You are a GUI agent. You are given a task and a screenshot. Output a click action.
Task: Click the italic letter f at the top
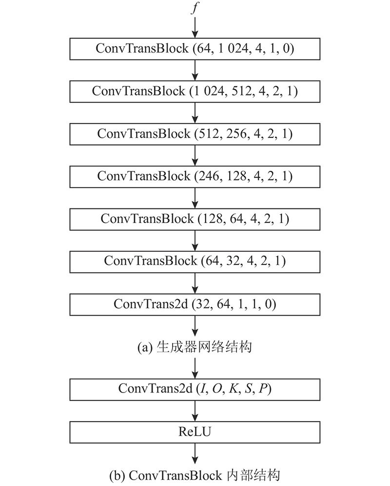(195, 7)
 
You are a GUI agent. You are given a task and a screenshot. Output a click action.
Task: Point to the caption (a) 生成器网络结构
(195, 347)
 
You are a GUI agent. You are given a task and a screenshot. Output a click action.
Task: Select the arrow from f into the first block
(195, 28)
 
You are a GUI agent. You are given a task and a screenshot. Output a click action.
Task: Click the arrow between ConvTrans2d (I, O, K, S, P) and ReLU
(195, 411)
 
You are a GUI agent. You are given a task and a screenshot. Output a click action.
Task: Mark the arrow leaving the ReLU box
(195, 453)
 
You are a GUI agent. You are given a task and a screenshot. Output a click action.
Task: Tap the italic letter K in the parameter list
(233, 389)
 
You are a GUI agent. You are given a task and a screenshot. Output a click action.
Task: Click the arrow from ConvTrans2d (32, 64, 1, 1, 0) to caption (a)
(195, 326)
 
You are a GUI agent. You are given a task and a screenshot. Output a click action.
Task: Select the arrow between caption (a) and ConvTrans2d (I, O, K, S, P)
(195, 368)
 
